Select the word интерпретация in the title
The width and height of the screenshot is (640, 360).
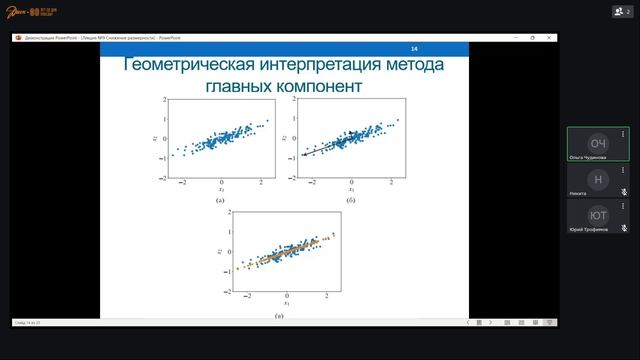tap(305, 67)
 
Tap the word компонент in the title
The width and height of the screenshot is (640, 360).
tap(314, 87)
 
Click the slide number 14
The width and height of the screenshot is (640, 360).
tap(415, 49)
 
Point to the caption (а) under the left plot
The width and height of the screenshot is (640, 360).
tap(220, 201)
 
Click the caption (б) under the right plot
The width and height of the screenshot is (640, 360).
tap(351, 201)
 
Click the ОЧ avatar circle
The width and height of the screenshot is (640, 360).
tap(598, 142)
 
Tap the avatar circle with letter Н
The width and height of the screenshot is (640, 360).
tap(598, 179)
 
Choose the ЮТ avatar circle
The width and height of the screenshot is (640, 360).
tap(598, 215)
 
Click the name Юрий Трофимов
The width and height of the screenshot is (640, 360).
tap(589, 230)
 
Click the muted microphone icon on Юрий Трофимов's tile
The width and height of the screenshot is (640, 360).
tap(624, 229)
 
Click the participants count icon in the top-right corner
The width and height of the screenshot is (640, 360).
tap(620, 11)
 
